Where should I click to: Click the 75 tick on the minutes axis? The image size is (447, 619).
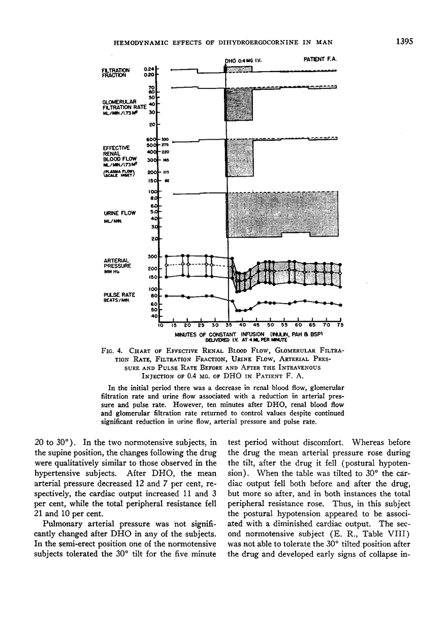click(x=340, y=325)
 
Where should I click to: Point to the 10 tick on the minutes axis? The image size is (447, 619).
click(x=160, y=325)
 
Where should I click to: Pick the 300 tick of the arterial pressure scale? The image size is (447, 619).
click(x=151, y=257)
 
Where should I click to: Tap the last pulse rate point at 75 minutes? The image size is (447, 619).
click(x=340, y=305)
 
